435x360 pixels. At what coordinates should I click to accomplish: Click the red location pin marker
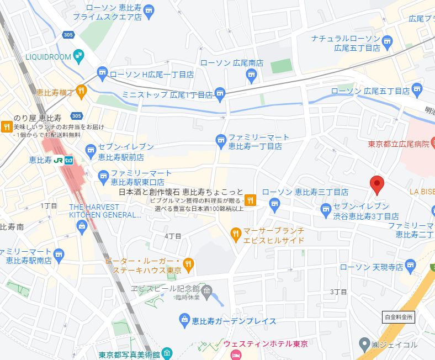pos(377,184)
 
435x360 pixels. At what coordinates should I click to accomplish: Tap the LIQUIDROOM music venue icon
pos(79,56)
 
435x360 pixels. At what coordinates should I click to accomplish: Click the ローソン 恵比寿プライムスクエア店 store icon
pos(148,9)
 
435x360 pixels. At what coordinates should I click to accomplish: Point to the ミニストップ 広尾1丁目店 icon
pos(220,94)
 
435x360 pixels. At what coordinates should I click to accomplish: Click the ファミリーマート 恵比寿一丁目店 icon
pos(221,140)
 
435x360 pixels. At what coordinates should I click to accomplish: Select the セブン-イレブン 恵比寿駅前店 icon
pos(91,150)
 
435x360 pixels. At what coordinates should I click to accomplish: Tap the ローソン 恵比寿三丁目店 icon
pos(275,205)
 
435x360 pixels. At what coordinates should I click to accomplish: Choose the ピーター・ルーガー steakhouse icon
pos(188,265)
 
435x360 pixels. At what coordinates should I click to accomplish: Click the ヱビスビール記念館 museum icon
pos(207,290)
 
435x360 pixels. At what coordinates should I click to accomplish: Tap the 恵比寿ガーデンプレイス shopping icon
pos(185,319)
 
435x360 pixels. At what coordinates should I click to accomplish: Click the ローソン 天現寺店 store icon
pos(410,267)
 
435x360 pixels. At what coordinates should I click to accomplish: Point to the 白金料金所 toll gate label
pos(397,317)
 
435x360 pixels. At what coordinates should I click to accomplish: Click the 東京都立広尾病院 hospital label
pos(400,145)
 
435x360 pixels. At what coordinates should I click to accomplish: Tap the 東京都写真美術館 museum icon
pos(167,353)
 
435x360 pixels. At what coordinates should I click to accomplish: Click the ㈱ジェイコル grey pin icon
pos(363,345)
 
